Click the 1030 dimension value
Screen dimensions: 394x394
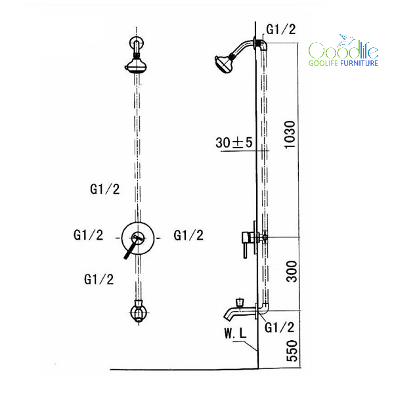[x=290, y=135]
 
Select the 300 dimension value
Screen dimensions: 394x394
[x=292, y=272]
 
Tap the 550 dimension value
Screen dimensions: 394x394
[x=292, y=351]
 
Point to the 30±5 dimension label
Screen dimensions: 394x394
[x=234, y=142]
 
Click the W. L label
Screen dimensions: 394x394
[x=236, y=334]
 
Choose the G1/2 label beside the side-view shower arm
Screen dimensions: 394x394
[x=281, y=30]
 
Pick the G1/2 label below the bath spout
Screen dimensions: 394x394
[x=280, y=328]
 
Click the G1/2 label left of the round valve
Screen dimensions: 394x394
[x=88, y=235]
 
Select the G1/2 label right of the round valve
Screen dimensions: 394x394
[x=188, y=236]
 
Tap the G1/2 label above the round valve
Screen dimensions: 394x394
[x=105, y=189]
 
